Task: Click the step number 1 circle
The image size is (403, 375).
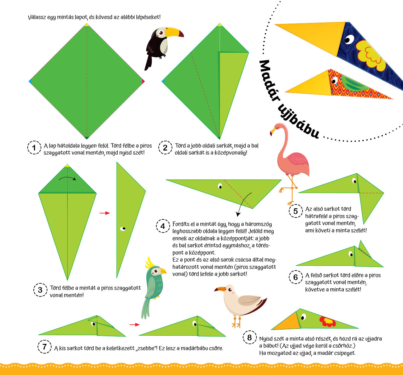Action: pos(34,147)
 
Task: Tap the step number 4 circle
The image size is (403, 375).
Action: pos(163,226)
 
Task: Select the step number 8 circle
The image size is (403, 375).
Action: pos(250,337)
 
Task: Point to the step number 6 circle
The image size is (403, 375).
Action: pos(296,277)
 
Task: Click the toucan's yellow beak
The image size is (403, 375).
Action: pos(174,32)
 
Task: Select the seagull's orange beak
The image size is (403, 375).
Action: pos(220,289)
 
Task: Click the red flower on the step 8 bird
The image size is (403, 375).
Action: pos(327,321)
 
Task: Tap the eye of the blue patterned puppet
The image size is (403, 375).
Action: pos(349,39)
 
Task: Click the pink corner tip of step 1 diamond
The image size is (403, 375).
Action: pos(143,82)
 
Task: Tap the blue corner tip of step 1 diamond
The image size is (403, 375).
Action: pos(30,82)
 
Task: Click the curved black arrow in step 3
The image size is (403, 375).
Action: pos(67,178)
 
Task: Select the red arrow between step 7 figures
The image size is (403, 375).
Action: pos(135,325)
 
